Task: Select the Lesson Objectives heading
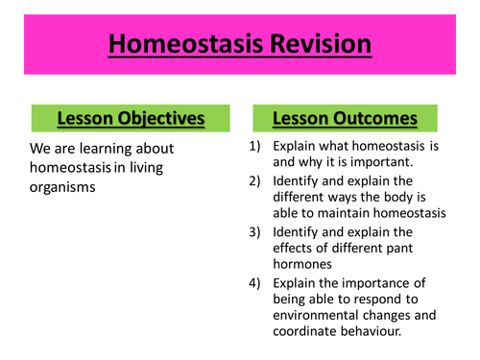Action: (x=130, y=118)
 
